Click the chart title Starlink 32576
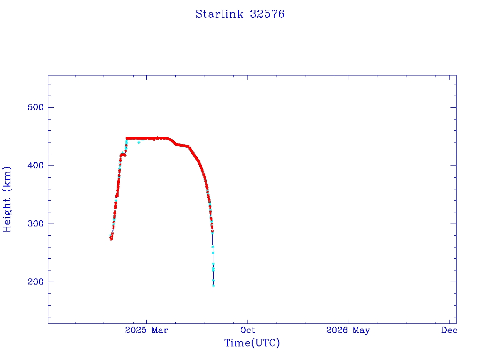point(240,14)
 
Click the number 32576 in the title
point(267,14)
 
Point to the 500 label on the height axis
point(36,107)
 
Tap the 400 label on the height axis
point(36,165)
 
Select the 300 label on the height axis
point(36,224)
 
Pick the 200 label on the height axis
point(36,282)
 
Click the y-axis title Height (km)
point(7,199)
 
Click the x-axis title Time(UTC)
point(252,343)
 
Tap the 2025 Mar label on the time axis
point(146,330)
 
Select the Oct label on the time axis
point(247,330)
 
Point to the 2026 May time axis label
point(348,330)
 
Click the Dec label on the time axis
point(449,330)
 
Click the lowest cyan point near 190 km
point(213,286)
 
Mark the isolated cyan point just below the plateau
point(139,142)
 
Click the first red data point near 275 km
point(111,239)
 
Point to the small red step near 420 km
point(123,155)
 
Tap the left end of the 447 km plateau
point(127,138)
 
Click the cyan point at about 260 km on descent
point(213,247)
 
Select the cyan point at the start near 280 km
point(110,236)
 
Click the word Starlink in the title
point(219,14)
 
